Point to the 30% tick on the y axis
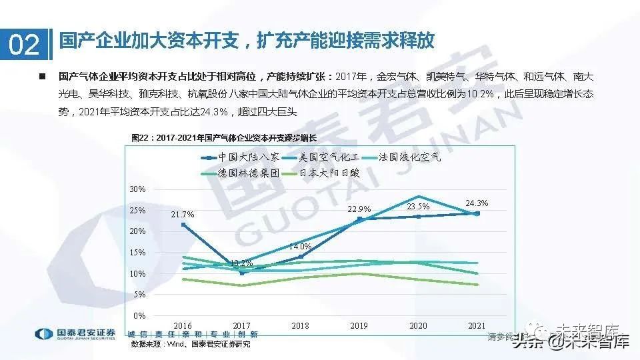coord(137,189)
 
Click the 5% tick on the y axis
coord(139,295)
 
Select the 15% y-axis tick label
coord(137,253)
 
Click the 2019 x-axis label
coord(359,326)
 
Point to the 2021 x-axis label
coord(477,326)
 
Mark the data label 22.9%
coord(359,209)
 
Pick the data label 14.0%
coord(301,247)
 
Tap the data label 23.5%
coord(418,207)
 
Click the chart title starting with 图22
coord(225,138)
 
